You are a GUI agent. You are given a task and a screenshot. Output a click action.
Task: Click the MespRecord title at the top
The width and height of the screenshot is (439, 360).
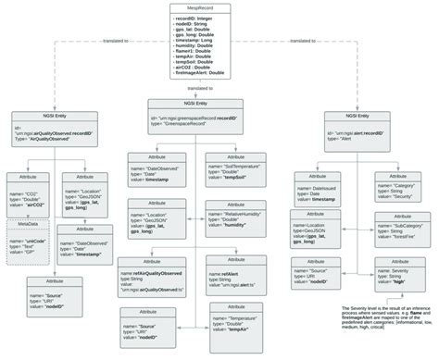click(218, 8)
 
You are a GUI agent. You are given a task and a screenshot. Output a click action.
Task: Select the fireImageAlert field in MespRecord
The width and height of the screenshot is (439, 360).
click(219, 71)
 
